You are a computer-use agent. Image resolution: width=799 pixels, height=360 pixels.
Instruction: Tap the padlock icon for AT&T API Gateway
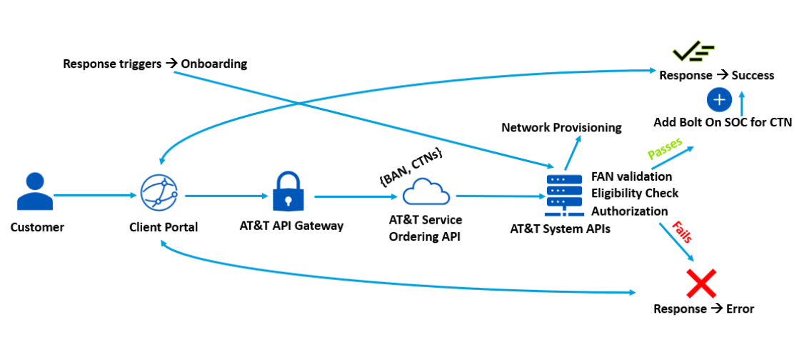[x=291, y=192]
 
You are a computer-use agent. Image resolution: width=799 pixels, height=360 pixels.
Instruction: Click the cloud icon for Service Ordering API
[x=426, y=193]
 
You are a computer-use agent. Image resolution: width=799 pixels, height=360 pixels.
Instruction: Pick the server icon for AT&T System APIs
[x=563, y=194]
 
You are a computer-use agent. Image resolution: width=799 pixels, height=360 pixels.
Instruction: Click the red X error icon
[x=701, y=284]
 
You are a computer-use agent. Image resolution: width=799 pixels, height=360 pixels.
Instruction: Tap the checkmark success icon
[x=694, y=52]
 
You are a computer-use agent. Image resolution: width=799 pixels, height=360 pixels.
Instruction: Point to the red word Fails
[x=683, y=233]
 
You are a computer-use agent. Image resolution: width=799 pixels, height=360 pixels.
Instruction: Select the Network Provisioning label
[x=561, y=128]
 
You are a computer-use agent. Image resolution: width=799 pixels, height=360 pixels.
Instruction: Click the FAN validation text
[x=631, y=176]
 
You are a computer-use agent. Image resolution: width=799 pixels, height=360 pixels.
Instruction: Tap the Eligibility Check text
[x=635, y=194]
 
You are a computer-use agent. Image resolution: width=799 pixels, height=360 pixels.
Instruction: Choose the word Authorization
[x=630, y=211]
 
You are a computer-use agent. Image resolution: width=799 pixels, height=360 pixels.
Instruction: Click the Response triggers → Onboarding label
[x=155, y=64]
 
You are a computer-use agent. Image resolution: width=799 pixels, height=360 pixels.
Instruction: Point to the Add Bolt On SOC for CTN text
[x=723, y=122]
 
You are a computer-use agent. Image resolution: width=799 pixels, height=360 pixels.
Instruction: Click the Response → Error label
[x=703, y=309]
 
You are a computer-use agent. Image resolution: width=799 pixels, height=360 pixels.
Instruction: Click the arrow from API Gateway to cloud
[x=356, y=196]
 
